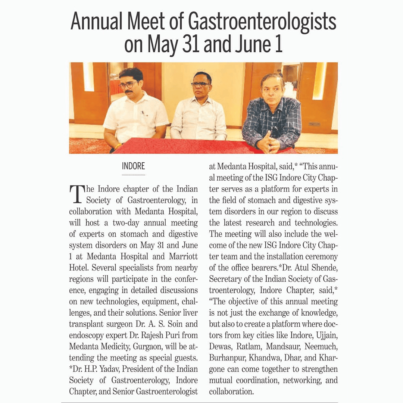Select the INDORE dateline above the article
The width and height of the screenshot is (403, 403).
pyautogui.click(x=133, y=166)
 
